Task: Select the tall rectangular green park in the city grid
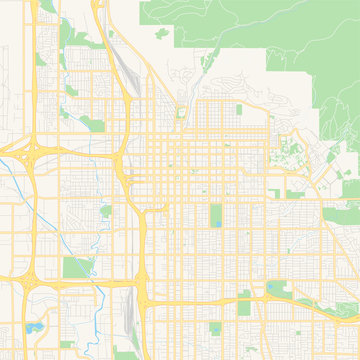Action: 215,215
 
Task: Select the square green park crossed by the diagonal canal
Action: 75,267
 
